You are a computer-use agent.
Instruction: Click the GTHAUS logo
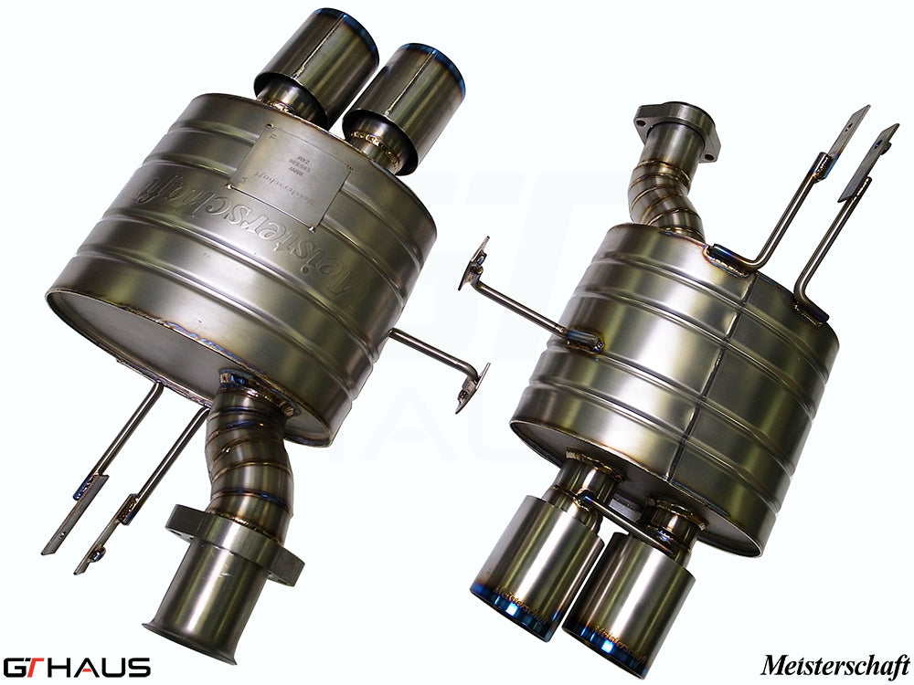[x=77, y=665]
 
